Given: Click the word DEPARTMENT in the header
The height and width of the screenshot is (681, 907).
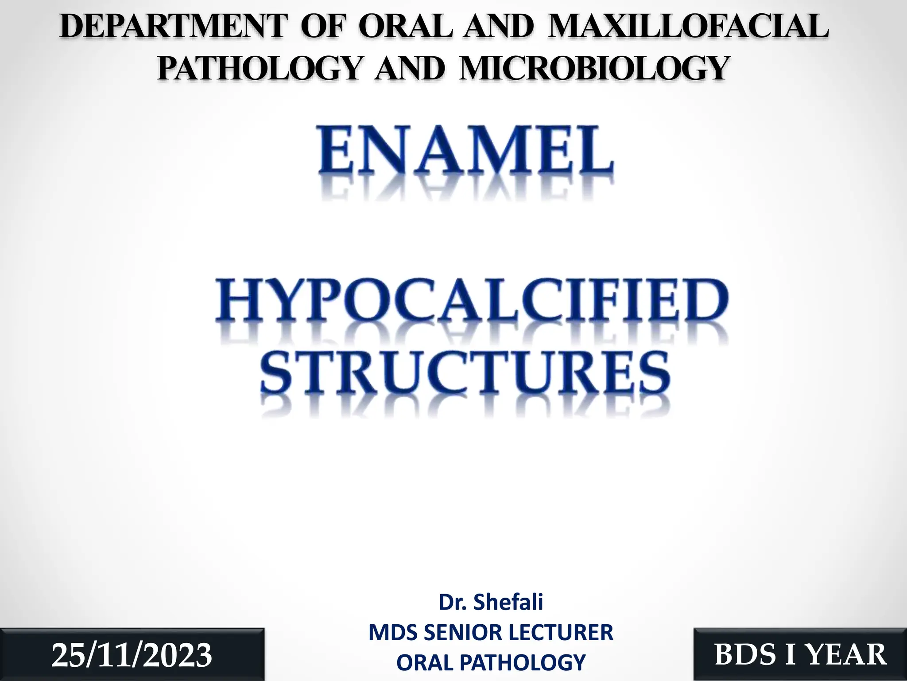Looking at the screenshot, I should coord(172,27).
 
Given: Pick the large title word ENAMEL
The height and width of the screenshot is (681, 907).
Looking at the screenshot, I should coord(465,151).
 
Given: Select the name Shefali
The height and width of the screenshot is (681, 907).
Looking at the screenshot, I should coord(508,602).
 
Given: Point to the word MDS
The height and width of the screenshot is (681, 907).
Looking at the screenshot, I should coord(392,632).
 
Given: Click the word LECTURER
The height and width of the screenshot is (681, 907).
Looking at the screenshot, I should coord(567,632).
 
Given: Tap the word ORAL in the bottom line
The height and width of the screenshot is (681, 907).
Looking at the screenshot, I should coord(425,662).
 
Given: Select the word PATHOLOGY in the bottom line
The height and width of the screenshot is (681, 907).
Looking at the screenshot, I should coord(522,662).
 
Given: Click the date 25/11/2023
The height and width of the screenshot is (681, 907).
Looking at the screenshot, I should coord(132,655).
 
